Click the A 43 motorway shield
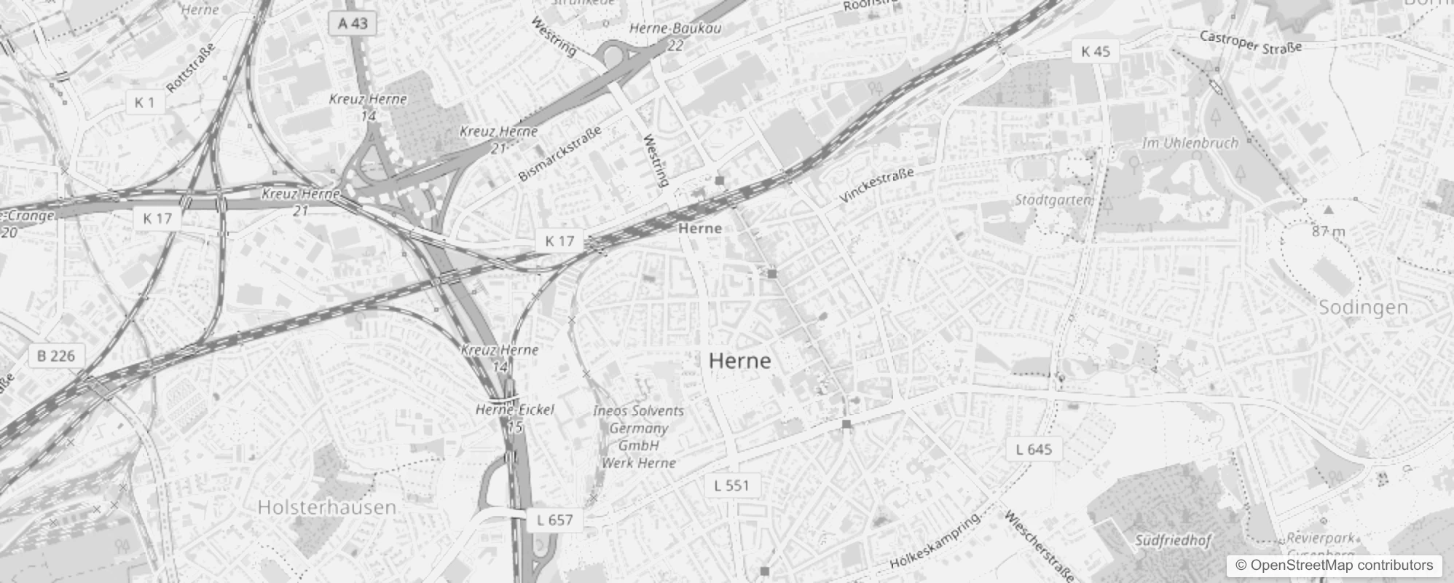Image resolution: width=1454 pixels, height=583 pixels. point(353,23)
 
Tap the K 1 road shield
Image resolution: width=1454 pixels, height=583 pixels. point(144,103)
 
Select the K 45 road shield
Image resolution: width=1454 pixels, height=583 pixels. point(1096,51)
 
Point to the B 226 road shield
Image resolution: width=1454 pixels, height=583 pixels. point(56,356)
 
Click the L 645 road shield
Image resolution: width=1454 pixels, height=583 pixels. point(1034,449)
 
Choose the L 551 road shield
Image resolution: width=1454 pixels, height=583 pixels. point(731,485)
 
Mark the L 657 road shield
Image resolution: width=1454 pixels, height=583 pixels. point(554,520)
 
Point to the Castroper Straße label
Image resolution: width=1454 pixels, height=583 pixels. point(1250,42)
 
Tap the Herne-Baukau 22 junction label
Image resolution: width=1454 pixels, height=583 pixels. point(675,36)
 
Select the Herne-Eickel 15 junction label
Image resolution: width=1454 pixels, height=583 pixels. point(515,418)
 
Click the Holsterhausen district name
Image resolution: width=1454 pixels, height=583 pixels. point(327,507)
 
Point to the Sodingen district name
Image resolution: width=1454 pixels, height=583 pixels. point(1364,308)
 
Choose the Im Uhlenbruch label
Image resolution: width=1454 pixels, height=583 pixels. point(1190,143)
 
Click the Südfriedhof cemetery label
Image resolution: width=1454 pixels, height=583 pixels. point(1172,541)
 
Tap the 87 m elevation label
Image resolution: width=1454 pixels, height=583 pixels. point(1329,232)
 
